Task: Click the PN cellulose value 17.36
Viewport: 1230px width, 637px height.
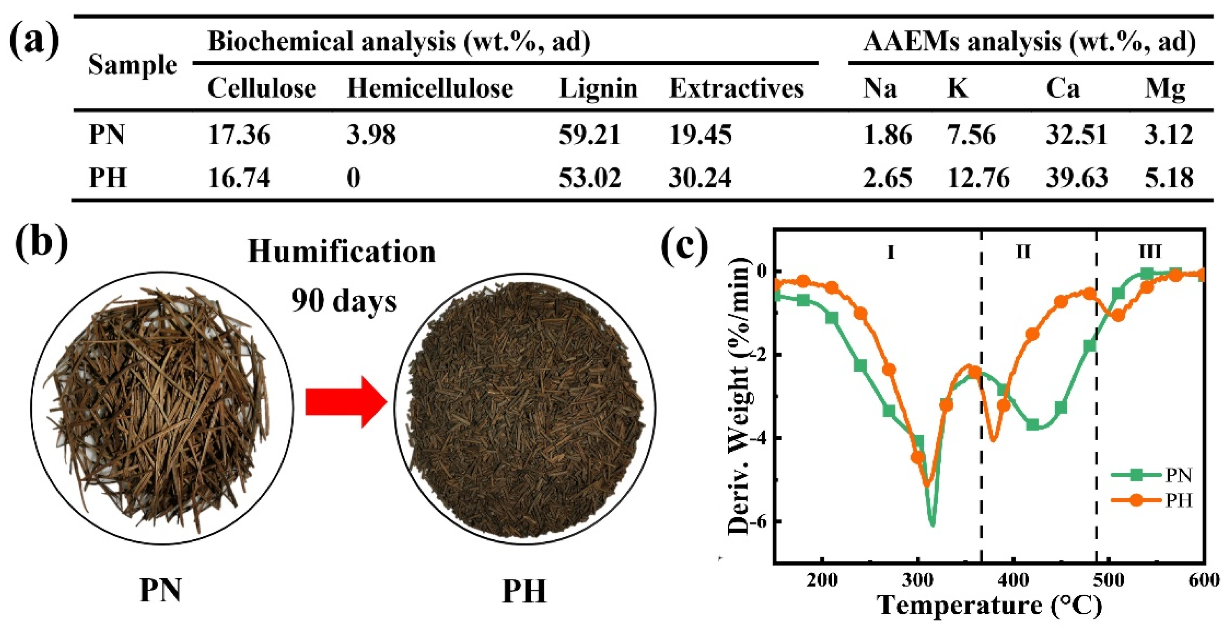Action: point(239,135)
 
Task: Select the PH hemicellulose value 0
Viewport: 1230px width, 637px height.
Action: point(353,178)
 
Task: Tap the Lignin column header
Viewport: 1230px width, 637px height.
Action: point(598,89)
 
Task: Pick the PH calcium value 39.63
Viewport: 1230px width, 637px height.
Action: point(1076,178)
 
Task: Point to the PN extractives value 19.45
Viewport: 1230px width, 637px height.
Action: point(700,135)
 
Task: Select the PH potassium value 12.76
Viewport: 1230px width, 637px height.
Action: point(978,178)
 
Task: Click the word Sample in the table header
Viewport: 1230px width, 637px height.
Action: point(132,65)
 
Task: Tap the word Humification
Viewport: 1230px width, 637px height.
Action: point(342,252)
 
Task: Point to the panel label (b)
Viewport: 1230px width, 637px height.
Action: point(41,244)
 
